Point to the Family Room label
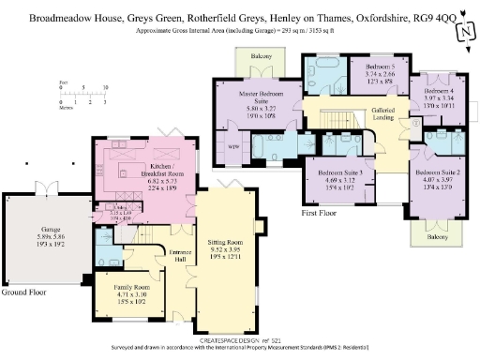(118, 292)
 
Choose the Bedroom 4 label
(438, 97)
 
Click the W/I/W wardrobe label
(232, 146)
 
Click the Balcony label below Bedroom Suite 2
(439, 238)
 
